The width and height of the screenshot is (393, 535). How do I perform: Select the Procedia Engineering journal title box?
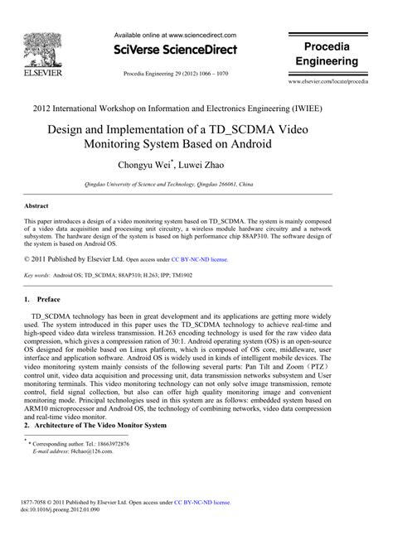coord(327,54)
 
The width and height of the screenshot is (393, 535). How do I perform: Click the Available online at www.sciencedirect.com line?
coord(175,36)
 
